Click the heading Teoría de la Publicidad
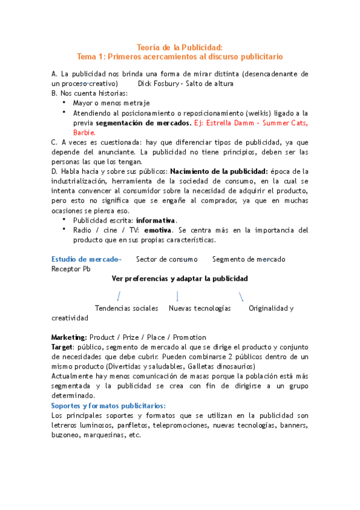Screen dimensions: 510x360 coord(180,47)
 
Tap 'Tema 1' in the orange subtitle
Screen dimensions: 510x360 coord(91,57)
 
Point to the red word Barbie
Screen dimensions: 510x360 coord(84,132)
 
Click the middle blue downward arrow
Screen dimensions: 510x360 coord(177,296)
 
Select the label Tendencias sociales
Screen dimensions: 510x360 coord(126,308)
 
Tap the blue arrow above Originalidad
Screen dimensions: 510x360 coord(241,296)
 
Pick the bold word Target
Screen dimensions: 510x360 coord(62,347)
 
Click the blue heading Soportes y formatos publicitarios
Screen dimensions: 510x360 coord(108,406)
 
